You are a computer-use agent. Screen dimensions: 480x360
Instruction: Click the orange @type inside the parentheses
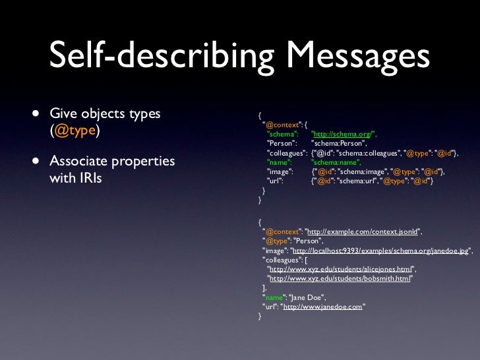click(76, 131)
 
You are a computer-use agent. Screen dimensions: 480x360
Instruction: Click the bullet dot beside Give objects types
click(33, 114)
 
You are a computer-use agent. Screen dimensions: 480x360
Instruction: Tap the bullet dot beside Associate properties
click(33, 161)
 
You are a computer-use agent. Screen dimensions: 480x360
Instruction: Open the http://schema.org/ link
click(343, 134)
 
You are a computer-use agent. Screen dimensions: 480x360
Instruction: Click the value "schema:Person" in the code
click(337, 143)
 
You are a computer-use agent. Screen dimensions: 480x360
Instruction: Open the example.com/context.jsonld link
click(362, 233)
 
